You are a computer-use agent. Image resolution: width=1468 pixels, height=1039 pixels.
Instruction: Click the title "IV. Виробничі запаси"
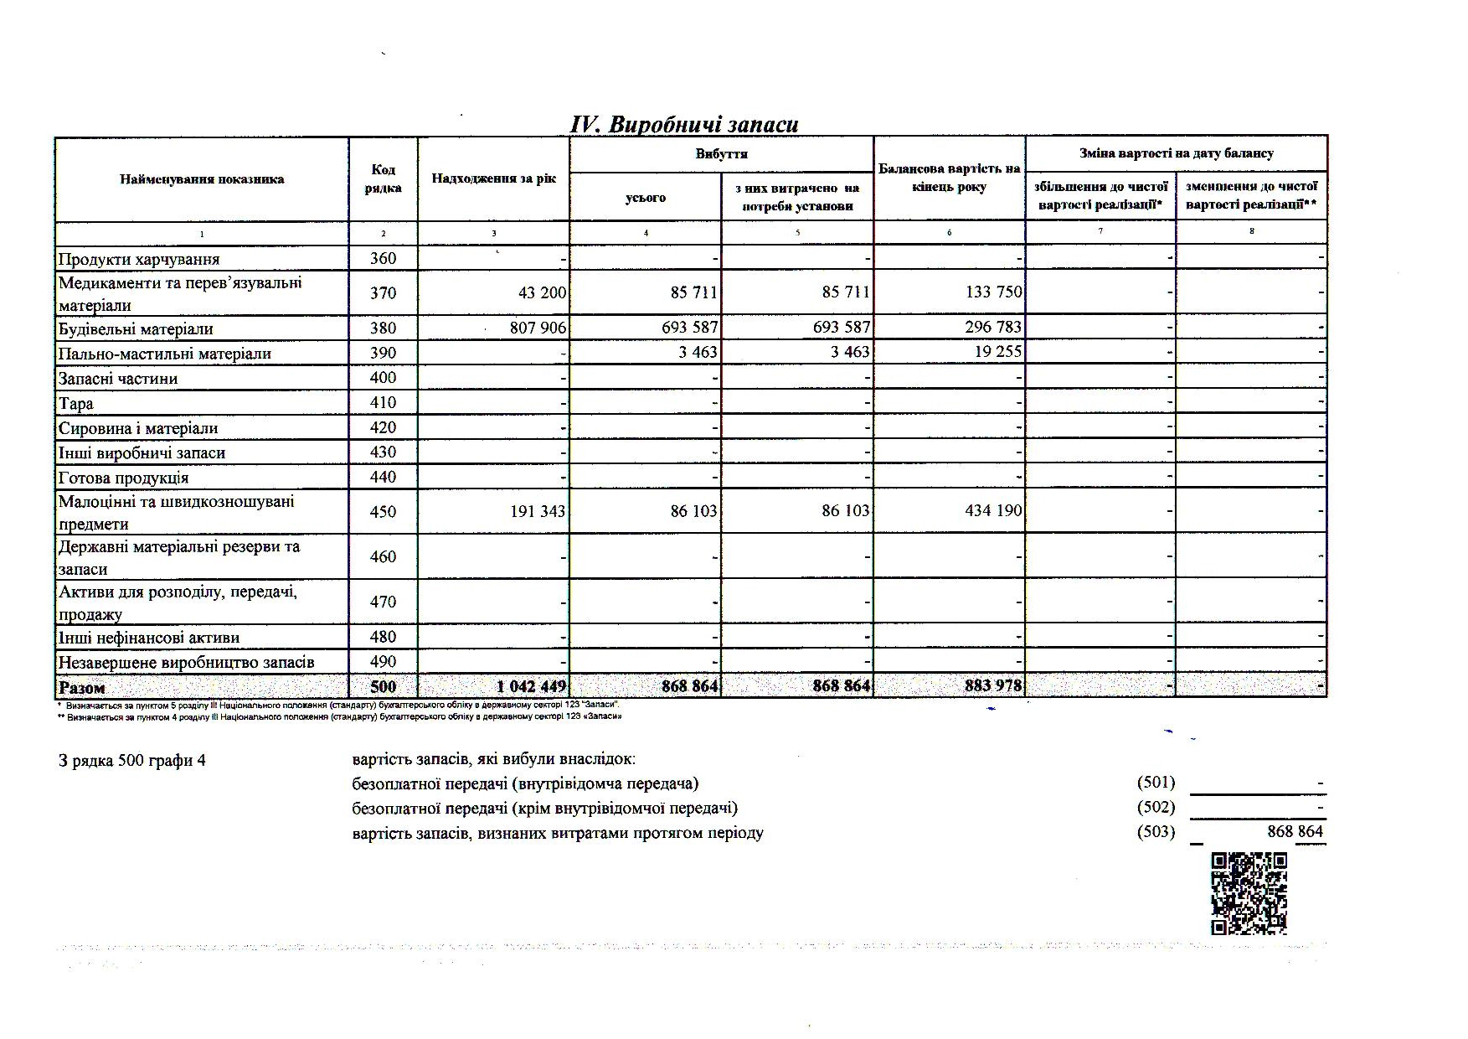click(x=683, y=124)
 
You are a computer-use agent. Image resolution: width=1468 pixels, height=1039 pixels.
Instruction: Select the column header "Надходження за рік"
click(x=494, y=178)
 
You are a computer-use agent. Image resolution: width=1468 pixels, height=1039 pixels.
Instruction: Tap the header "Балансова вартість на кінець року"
click(x=949, y=178)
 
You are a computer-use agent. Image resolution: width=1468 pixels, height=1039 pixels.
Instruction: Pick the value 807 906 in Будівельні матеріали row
click(x=538, y=328)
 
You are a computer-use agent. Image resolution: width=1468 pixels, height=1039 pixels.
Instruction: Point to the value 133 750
click(x=993, y=292)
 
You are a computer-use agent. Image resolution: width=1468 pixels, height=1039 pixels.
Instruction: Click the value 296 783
click(x=993, y=327)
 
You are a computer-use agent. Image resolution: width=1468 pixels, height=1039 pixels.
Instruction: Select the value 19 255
click(x=998, y=352)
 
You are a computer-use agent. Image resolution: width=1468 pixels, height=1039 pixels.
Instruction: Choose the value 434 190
click(x=993, y=510)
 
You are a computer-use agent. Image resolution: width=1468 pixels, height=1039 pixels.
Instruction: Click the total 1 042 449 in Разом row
click(x=532, y=687)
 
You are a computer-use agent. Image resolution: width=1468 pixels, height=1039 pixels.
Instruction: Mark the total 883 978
click(x=993, y=686)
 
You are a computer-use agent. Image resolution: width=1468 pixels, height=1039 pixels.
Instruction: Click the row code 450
click(x=383, y=511)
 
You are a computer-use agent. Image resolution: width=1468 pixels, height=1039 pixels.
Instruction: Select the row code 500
click(x=383, y=687)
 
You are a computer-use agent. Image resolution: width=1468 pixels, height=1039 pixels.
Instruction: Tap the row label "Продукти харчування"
click(x=139, y=259)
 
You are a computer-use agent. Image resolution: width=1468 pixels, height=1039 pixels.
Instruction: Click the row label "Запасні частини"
click(x=118, y=379)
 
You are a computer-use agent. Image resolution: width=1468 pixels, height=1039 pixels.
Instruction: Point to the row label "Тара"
click(x=76, y=404)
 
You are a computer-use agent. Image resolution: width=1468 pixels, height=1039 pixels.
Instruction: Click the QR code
click(x=1249, y=893)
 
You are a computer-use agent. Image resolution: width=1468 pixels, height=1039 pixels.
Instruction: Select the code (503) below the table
click(x=1156, y=832)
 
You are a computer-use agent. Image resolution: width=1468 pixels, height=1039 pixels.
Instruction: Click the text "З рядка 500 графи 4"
click(x=132, y=761)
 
